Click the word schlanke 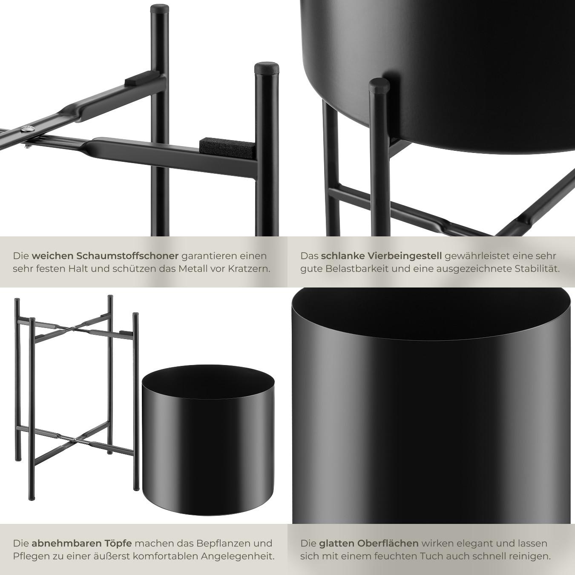[x=339, y=256]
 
